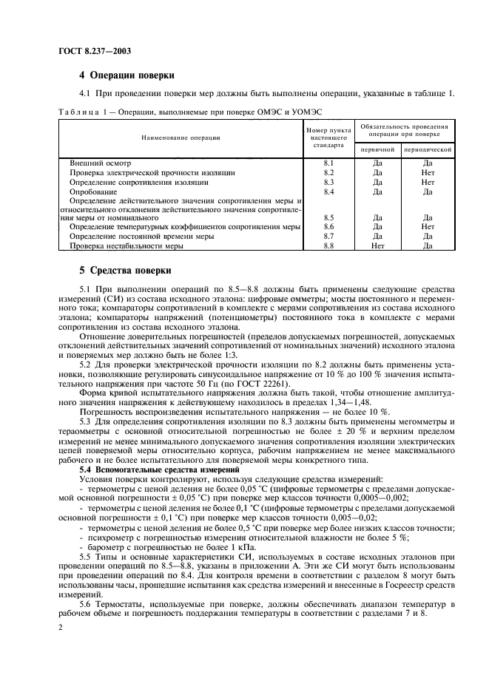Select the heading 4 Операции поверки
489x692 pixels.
pos(127,75)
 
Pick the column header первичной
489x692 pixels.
pos(377,149)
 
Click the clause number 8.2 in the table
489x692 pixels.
pos(329,172)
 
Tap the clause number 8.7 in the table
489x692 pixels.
pos(329,237)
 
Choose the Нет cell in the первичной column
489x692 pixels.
pos(377,246)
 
